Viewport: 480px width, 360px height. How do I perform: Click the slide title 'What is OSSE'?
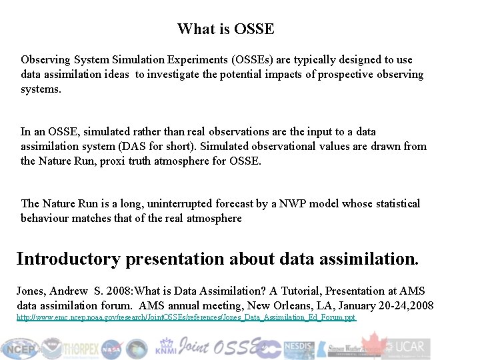point(225,29)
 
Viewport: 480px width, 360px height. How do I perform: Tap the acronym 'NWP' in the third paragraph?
point(294,203)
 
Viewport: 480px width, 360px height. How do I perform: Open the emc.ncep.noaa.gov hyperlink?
point(187,318)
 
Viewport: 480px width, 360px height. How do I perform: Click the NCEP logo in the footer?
point(20,347)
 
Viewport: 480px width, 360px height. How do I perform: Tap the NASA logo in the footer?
point(112,347)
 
